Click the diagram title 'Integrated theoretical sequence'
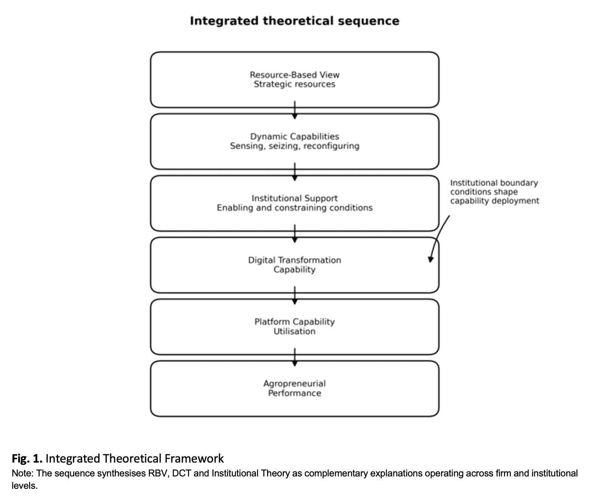tap(294, 21)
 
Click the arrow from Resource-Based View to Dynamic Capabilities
tap(295, 110)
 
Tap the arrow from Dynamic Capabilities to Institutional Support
tap(295, 172)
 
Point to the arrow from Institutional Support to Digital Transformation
tap(295, 234)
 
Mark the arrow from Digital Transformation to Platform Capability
tap(295, 295)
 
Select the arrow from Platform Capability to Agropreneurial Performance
tap(295, 357)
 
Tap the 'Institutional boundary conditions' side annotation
tap(495, 192)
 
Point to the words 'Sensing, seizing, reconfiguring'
tap(294, 146)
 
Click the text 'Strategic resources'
tap(294, 85)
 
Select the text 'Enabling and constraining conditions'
tap(294, 208)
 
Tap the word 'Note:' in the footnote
tap(23, 474)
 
